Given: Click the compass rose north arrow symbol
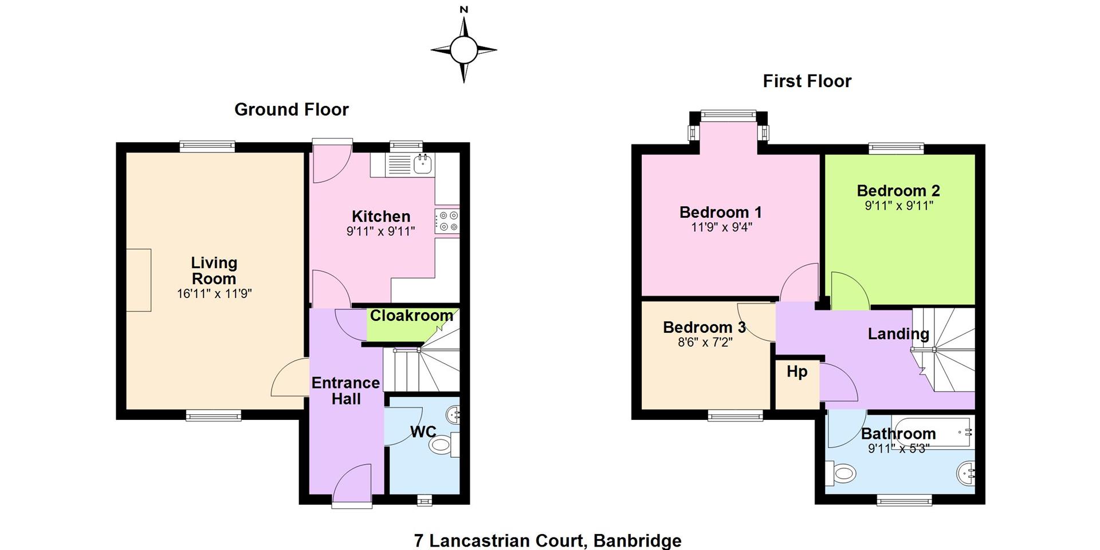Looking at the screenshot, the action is tap(463, 50).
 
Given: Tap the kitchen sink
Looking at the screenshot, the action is tap(423, 164).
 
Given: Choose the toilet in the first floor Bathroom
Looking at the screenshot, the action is tap(841, 474).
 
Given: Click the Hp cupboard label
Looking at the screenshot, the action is tap(797, 372).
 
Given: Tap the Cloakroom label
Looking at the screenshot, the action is tap(411, 316).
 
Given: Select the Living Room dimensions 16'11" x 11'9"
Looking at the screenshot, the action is tap(214, 294).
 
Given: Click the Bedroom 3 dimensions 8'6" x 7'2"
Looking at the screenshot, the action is tap(704, 343).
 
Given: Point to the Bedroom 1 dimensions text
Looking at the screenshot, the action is tap(721, 227).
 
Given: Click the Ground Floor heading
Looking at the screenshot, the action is tap(292, 109).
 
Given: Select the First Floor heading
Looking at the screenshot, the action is tap(807, 81).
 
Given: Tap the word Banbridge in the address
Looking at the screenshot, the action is tap(638, 541).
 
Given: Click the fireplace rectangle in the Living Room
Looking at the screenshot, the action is tap(139, 280).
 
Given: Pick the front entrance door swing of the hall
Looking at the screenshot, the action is tap(352, 485).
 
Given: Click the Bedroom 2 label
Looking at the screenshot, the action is tap(898, 191).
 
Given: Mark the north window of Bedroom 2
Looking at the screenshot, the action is tap(897, 148).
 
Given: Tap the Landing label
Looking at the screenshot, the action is tap(898, 333).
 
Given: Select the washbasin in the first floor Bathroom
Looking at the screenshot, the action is tap(966, 474).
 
